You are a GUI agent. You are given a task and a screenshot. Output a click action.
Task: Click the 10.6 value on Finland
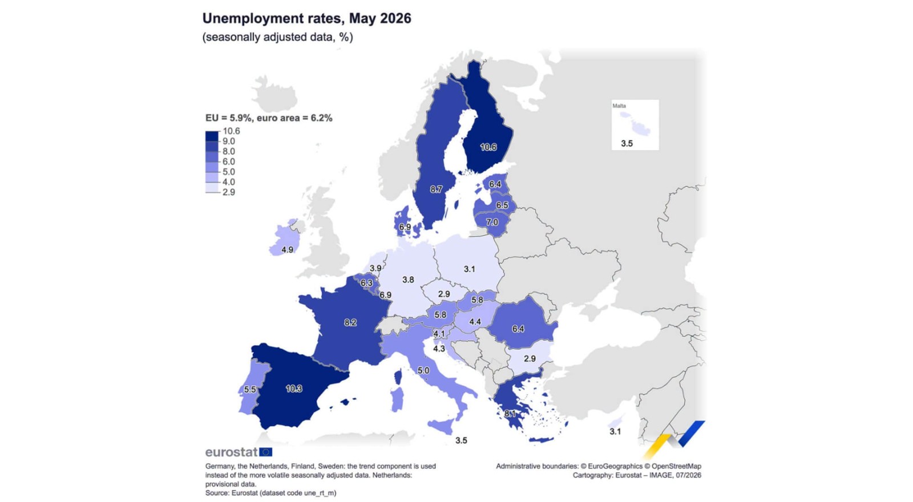488,147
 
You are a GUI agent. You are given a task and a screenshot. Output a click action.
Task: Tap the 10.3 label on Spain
294,388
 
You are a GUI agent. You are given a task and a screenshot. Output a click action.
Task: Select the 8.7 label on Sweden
436,189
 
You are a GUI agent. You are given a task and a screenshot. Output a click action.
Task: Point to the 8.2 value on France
350,323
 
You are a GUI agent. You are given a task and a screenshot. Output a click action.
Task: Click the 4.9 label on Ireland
288,250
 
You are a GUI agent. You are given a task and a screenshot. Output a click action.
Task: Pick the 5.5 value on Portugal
250,390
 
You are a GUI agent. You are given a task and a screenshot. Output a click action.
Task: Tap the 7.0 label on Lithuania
492,222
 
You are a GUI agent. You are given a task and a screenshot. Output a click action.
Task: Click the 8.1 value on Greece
510,414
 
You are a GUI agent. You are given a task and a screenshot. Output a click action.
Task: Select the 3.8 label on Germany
408,280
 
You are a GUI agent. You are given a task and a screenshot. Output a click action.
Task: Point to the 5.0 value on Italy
423,370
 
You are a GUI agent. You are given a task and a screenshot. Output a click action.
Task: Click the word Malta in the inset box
619,106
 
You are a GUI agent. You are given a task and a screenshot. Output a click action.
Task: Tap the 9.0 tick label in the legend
229,141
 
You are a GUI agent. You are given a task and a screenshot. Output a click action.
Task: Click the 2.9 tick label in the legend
229,192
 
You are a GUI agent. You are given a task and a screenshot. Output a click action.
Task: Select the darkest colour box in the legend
212,136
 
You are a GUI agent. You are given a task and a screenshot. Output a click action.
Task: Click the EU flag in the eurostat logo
266,452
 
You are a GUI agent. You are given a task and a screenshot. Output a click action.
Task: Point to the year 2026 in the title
395,18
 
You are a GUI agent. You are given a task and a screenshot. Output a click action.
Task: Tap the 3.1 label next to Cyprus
615,431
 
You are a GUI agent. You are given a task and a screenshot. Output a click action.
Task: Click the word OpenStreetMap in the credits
676,466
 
